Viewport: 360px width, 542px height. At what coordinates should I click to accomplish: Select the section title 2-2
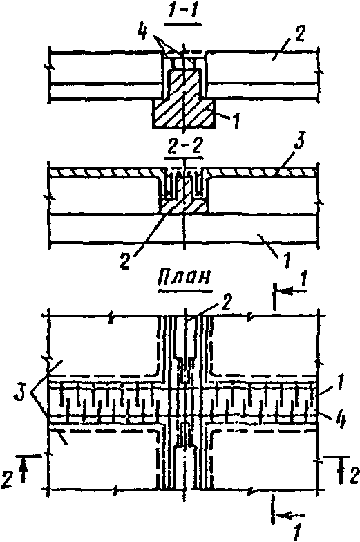184,150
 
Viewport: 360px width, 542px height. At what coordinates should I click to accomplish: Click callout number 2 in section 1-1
299,33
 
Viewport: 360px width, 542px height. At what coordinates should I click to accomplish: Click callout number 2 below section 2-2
124,261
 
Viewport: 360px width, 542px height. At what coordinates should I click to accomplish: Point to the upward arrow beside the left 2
23,470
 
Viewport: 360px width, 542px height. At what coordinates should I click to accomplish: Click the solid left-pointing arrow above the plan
292,292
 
